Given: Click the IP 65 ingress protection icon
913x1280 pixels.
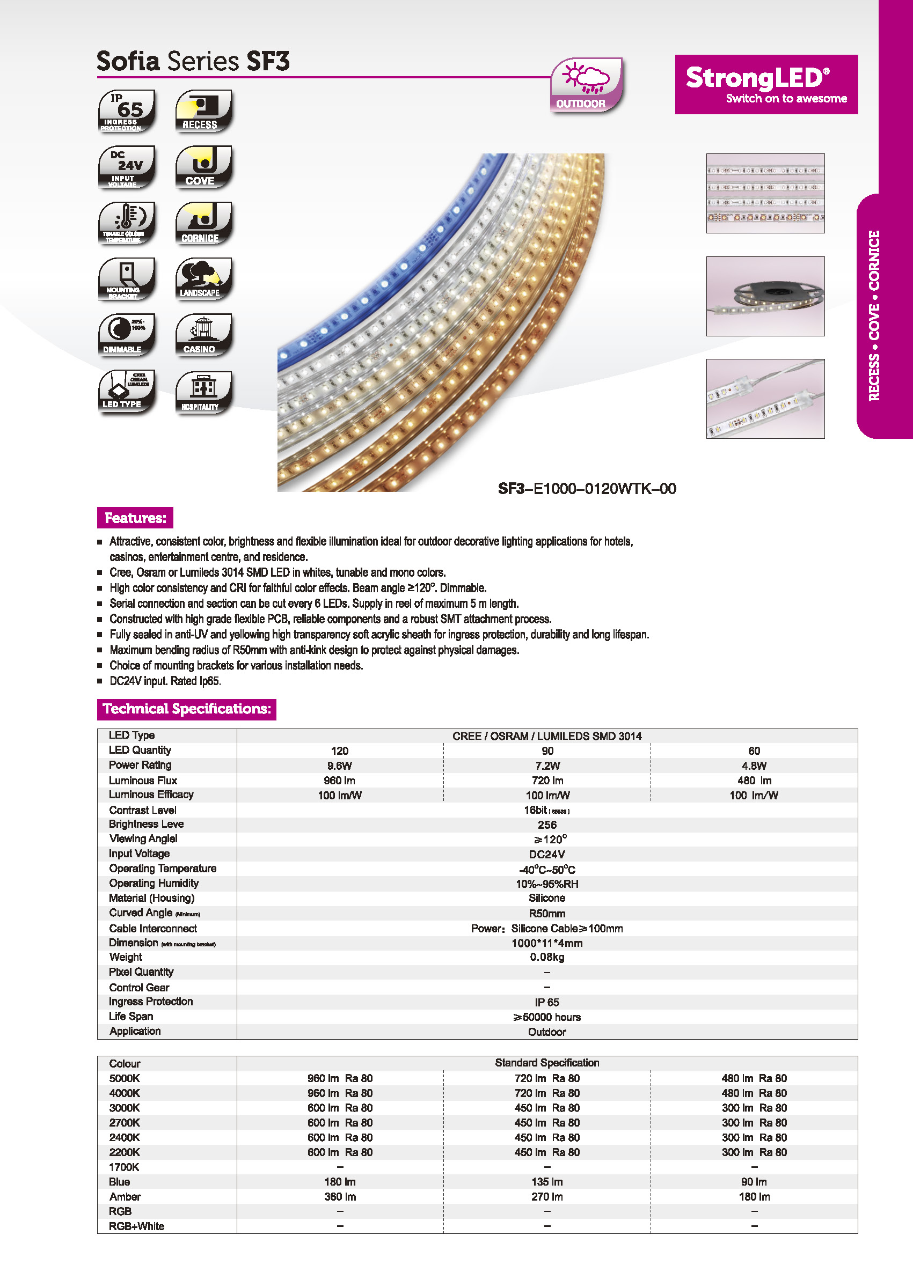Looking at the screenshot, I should tap(127, 111).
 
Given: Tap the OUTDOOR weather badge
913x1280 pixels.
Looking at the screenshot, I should tap(586, 85).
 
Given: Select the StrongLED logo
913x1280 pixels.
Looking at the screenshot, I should tap(766, 84).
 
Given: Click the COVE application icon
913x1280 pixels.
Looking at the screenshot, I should tap(203, 167).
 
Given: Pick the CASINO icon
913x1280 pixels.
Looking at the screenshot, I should tap(203, 335).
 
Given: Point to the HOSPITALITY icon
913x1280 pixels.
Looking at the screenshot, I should tap(203, 392).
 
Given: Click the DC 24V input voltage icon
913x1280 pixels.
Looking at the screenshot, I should tap(127, 167).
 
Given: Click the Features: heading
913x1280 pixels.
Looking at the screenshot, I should tap(135, 518).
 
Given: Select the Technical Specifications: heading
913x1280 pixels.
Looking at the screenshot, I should tap(187, 709).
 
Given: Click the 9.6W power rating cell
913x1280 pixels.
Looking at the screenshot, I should tap(340, 766).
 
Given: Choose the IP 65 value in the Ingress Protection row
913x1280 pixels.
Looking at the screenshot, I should tap(546, 1002).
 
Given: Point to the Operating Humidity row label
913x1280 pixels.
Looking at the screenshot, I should tap(154, 882).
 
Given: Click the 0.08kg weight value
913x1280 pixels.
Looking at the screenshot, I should tap(546, 957).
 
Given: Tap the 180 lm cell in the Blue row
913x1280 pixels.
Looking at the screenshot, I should tap(340, 1182).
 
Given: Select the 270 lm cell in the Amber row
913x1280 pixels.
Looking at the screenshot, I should tap(546, 1196).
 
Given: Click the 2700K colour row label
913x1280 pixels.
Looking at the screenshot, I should tap(124, 1122).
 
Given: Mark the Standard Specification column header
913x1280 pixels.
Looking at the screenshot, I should tap(546, 1063).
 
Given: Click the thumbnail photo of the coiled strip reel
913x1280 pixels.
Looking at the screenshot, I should tap(765, 296).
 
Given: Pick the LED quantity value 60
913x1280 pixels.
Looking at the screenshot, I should tap(754, 751).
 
